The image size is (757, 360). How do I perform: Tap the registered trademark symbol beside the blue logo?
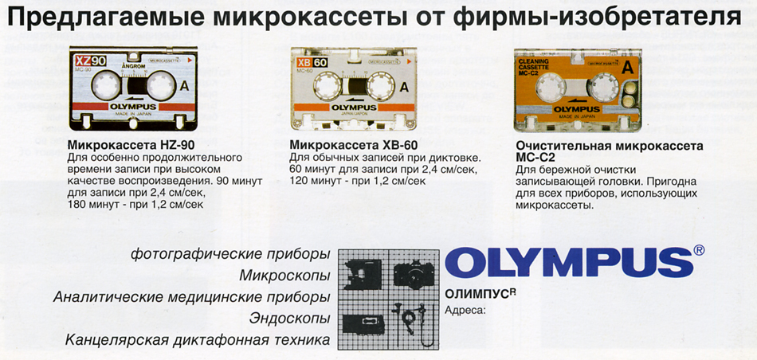698,250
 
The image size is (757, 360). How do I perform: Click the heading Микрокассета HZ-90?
131,146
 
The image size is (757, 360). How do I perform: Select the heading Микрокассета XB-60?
353,146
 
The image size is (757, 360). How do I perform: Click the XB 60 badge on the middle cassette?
312,62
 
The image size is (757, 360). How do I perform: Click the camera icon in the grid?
414,274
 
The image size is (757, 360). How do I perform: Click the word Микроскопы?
284,276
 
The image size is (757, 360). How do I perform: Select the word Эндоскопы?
290,319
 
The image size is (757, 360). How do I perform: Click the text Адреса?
465,309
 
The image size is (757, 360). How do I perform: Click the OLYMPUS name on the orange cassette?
576,109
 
